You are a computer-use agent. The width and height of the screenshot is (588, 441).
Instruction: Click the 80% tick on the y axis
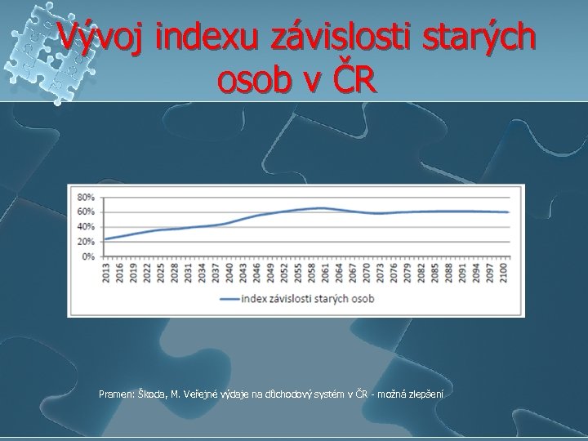[86, 197]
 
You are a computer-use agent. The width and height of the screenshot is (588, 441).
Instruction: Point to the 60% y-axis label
[86, 212]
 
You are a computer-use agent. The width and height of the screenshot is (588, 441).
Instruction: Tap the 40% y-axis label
[86, 226]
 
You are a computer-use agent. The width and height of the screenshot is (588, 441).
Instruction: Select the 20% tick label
[86, 242]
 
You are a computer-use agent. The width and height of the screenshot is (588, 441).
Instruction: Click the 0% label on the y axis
[88, 256]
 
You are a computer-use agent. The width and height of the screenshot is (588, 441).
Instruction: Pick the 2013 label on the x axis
[105, 272]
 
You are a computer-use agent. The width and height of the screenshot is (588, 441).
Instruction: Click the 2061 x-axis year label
[326, 272]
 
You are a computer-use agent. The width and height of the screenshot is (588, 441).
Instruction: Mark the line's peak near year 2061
[324, 208]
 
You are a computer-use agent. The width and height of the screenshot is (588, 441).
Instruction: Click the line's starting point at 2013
[105, 238]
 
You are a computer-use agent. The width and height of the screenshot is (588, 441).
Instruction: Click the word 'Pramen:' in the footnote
[116, 394]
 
